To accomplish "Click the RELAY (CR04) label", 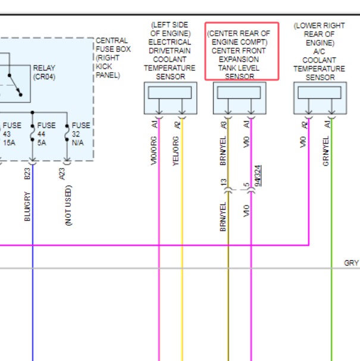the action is click(44, 72).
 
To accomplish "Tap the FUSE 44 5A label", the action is click(46, 134).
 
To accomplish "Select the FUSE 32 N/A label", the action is click(81, 134).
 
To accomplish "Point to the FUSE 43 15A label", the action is click(12, 134).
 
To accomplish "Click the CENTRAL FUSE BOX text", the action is click(113, 45).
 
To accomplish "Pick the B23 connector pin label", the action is click(27, 174).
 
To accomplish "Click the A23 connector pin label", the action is click(62, 174).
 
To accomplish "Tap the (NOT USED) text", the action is click(68, 206).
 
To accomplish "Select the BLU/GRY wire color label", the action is click(27, 207).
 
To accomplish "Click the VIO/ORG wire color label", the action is click(154, 151).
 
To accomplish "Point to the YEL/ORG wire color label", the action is click(176, 151).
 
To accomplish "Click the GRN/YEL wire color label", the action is click(325, 151).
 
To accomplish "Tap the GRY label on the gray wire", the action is click(351, 263).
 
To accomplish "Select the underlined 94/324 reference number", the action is click(258, 176).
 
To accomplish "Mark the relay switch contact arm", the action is click(15, 85).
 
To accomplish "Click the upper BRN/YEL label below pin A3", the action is click(223, 151).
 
